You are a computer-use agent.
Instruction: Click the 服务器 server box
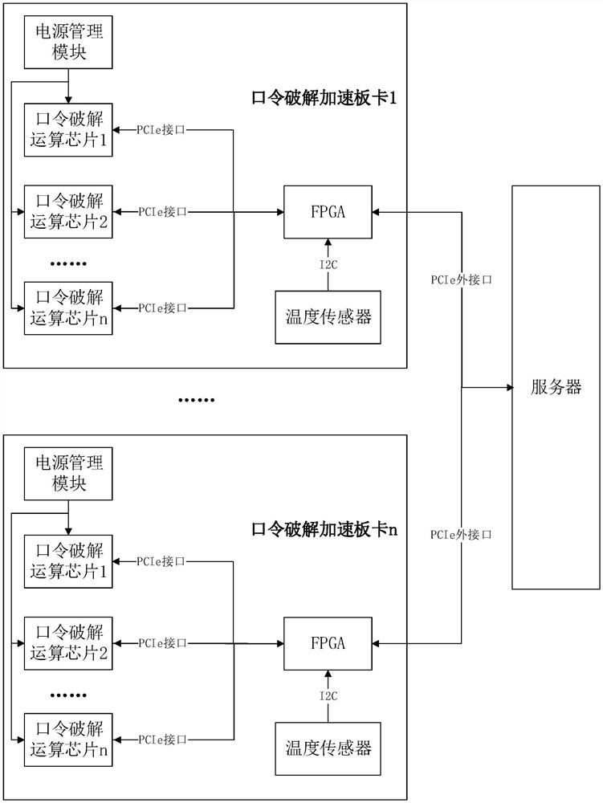click(556, 388)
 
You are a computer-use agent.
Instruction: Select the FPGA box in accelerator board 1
click(328, 212)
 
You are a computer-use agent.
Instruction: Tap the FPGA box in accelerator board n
click(328, 643)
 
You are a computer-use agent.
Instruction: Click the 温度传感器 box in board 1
click(328, 316)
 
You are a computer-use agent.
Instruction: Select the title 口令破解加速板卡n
click(325, 529)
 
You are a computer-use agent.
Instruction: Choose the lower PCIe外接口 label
click(461, 534)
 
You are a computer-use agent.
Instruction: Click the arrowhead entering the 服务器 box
click(508, 388)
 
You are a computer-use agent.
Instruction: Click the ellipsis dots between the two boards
click(196, 399)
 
